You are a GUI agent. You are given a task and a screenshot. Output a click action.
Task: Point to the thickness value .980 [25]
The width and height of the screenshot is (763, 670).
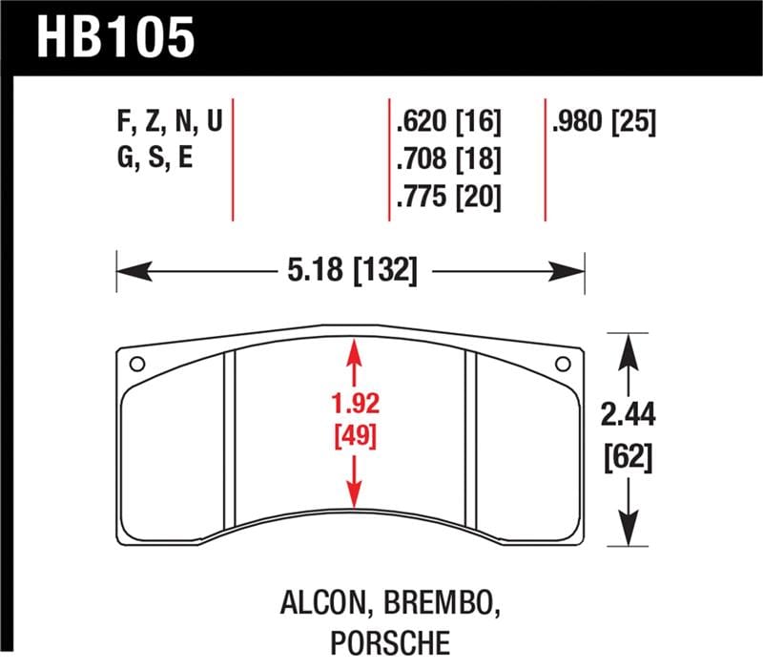click(604, 123)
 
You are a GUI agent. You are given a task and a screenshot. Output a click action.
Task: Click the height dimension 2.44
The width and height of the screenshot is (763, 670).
click(628, 415)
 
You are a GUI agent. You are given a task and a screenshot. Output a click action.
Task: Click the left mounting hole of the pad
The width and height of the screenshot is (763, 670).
click(136, 363)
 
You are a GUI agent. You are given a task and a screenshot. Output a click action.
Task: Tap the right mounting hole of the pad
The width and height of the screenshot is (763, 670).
click(562, 363)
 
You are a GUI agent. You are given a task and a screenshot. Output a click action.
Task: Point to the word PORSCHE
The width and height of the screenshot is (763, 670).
click(389, 643)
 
